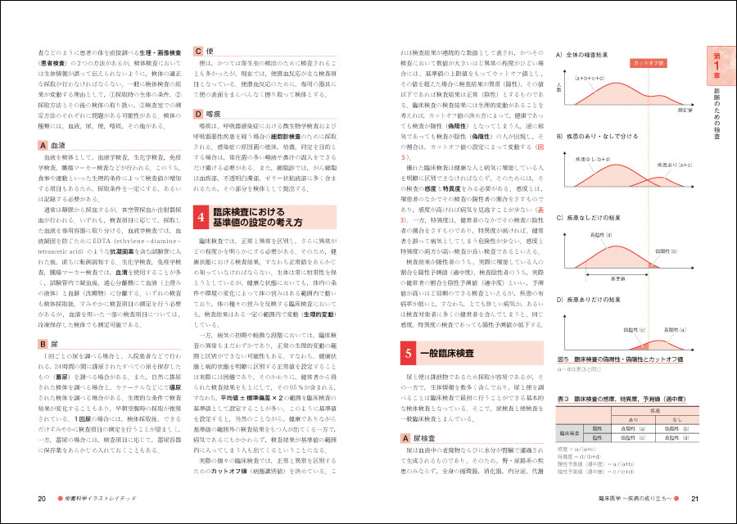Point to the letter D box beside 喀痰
click(197, 115)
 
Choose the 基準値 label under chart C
click(620, 279)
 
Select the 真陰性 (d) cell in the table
click(676, 437)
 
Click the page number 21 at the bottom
click(694, 499)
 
